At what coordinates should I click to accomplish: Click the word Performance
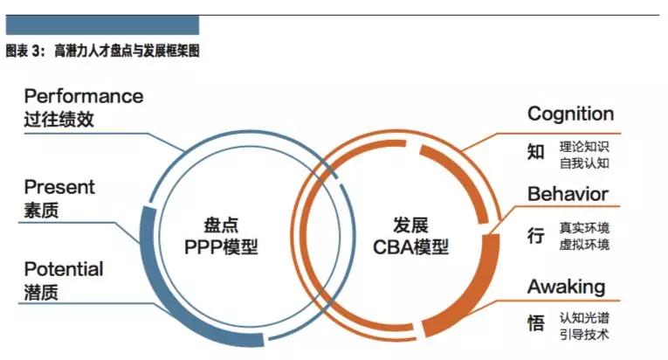(x=84, y=96)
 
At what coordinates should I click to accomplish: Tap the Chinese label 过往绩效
(x=59, y=120)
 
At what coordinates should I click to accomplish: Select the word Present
(x=59, y=187)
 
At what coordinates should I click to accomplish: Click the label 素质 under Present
(x=41, y=211)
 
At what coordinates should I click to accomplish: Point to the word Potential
(x=64, y=269)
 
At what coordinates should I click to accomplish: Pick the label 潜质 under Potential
(x=41, y=293)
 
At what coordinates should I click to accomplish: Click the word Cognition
(x=570, y=114)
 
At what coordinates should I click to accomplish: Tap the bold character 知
(x=536, y=152)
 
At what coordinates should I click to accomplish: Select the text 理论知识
(x=584, y=147)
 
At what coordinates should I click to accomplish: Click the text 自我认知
(x=584, y=163)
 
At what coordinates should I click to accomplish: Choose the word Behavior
(x=568, y=194)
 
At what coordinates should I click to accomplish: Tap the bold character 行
(x=536, y=235)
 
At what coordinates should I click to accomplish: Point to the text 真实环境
(x=584, y=228)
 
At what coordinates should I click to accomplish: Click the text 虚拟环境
(x=584, y=245)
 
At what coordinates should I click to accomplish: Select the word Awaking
(x=566, y=287)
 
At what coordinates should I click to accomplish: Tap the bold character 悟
(x=536, y=323)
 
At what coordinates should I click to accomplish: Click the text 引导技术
(x=584, y=335)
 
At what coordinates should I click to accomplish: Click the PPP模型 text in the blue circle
(x=221, y=247)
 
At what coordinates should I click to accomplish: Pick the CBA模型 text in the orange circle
(x=410, y=247)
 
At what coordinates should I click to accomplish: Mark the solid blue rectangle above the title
(x=102, y=25)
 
